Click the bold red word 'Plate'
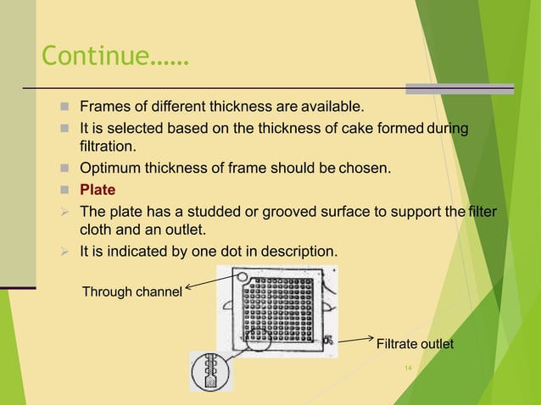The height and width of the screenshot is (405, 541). point(98,189)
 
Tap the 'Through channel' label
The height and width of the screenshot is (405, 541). point(131,292)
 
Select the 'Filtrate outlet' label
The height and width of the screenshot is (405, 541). point(415,344)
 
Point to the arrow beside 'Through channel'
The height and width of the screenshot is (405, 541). point(209,285)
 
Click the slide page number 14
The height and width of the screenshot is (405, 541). point(408,368)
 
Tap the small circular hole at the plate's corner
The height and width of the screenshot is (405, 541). point(242,276)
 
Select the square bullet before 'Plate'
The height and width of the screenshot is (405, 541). point(64,189)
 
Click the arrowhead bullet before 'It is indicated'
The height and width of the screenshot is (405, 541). point(64,251)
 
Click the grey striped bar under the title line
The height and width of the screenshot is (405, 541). point(459,88)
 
